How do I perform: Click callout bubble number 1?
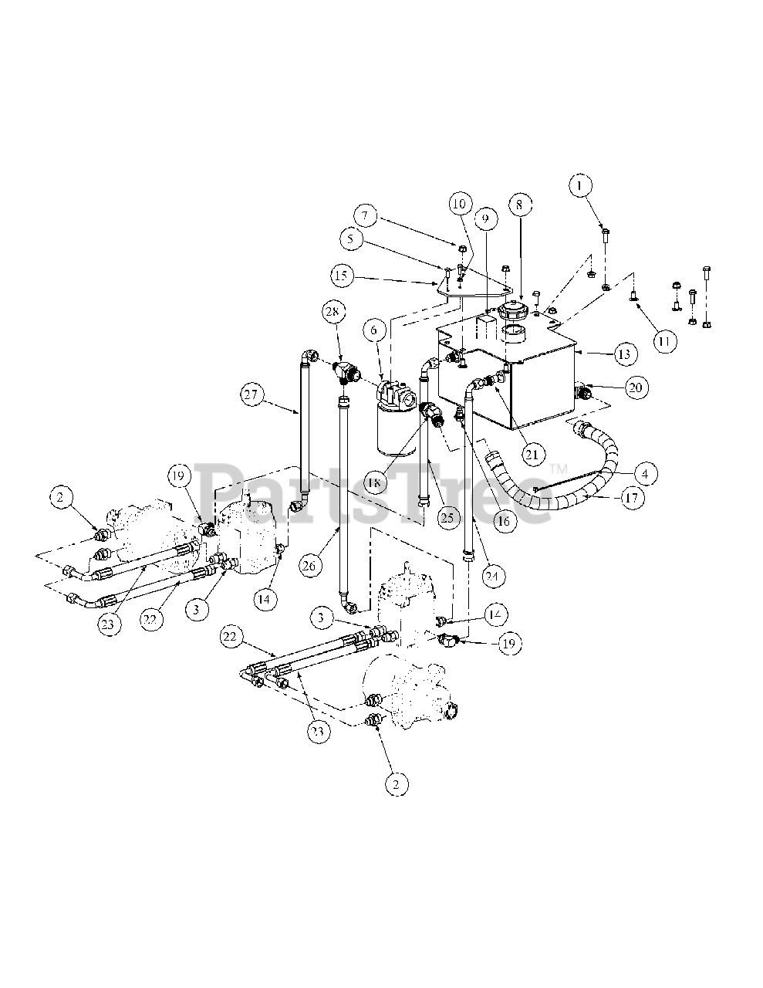[x=581, y=185]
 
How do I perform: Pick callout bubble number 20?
[x=634, y=387]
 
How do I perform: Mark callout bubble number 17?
[x=631, y=498]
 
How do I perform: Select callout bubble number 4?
[x=645, y=472]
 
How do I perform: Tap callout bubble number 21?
[x=530, y=454]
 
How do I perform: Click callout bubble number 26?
[x=309, y=565]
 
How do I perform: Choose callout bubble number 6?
[x=375, y=330]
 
